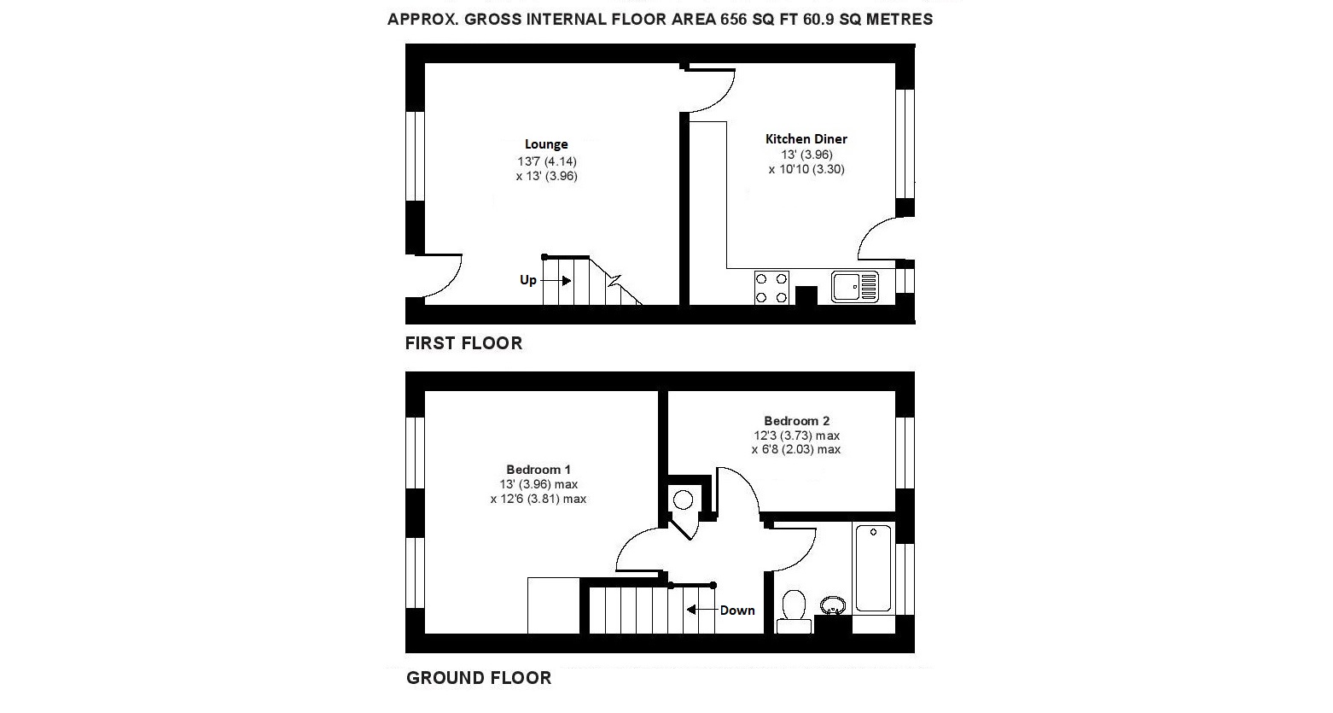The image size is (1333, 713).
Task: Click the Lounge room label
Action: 546,144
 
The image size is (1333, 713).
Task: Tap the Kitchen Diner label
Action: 806,139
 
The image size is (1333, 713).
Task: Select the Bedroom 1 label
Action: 538,470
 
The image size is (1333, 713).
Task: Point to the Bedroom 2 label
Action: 796,421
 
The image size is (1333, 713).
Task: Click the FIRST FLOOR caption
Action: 463,343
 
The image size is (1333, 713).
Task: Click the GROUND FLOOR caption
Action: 479,678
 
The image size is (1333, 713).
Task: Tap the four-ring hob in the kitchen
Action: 771,287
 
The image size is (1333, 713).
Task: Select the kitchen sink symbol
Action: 854,286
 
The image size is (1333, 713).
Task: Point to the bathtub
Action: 873,568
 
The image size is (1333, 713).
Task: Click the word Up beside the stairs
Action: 528,280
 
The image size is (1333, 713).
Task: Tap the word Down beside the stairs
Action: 737,611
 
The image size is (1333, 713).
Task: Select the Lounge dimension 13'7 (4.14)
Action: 547,161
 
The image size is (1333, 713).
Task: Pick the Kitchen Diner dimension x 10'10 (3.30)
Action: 806,169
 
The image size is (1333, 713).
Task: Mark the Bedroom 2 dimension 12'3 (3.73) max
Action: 796,435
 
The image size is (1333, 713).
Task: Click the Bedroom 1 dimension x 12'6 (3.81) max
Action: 538,499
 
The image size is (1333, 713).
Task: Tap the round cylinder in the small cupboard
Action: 683,500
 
